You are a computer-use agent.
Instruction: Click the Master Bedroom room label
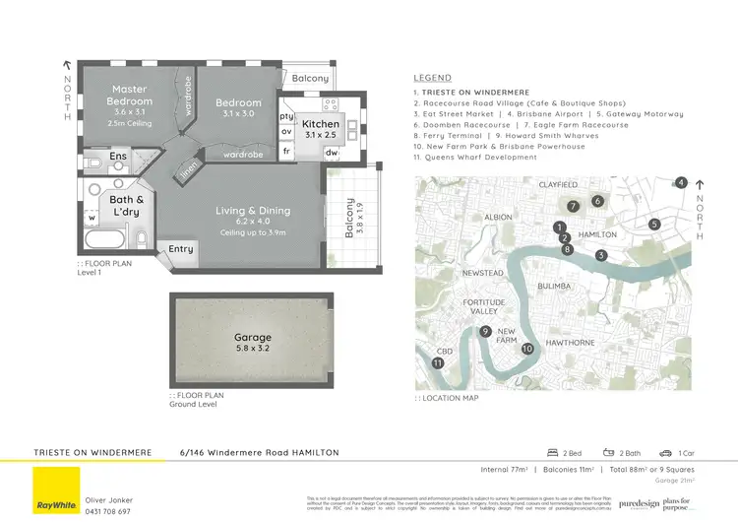(130, 96)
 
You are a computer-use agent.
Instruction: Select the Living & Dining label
(253, 210)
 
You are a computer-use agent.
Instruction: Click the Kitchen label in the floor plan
(322, 125)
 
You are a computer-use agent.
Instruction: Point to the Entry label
(181, 249)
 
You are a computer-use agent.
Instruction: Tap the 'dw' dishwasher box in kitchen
(331, 153)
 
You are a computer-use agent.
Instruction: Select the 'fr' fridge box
(287, 153)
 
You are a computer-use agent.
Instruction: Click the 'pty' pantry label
(287, 115)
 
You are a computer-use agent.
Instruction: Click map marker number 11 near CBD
(438, 363)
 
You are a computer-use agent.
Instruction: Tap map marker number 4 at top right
(681, 182)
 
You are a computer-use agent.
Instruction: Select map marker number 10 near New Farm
(527, 349)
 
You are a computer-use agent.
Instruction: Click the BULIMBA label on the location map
(556, 286)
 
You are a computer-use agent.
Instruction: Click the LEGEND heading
(432, 78)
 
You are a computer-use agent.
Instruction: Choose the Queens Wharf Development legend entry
(475, 158)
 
